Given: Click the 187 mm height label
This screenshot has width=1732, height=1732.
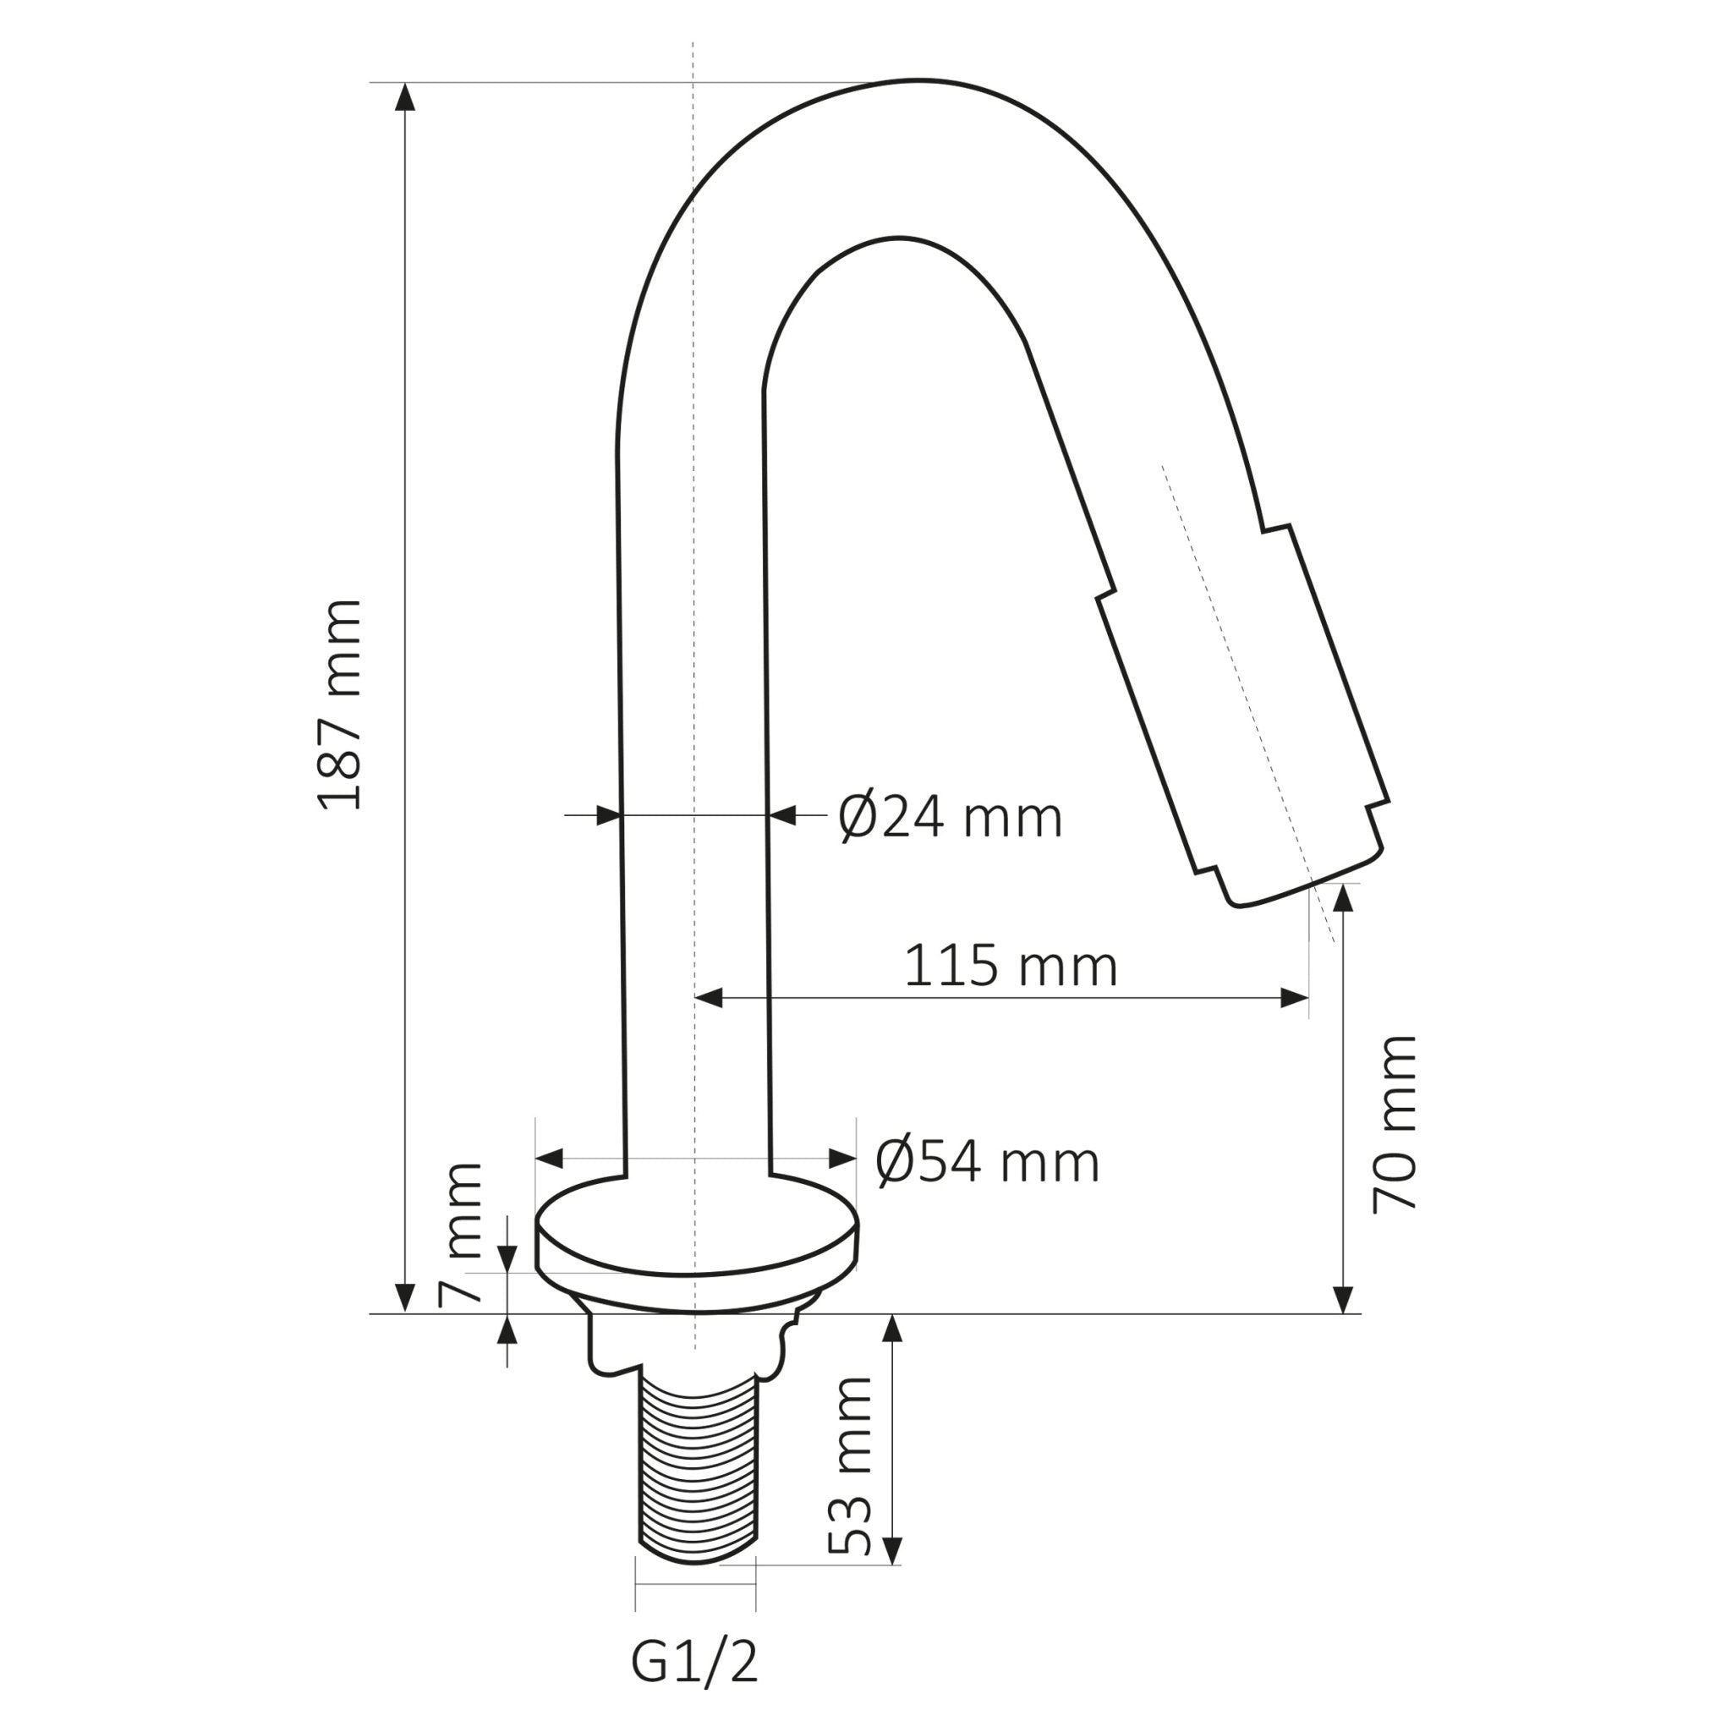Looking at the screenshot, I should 342,704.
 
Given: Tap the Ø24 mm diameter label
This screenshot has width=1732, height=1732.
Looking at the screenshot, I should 950,818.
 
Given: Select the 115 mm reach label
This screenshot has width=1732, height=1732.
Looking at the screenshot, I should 1011,967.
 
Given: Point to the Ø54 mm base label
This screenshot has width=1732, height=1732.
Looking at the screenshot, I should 986,1163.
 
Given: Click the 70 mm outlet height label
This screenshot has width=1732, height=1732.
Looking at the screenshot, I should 1395,1124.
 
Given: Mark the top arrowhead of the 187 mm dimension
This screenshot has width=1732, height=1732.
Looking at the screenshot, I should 406,96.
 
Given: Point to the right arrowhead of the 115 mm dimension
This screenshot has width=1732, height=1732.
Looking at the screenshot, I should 1294,998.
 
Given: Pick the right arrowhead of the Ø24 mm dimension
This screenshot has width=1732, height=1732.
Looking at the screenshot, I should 782,816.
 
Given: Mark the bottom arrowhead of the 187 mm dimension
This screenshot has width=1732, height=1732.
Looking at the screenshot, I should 406,1297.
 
